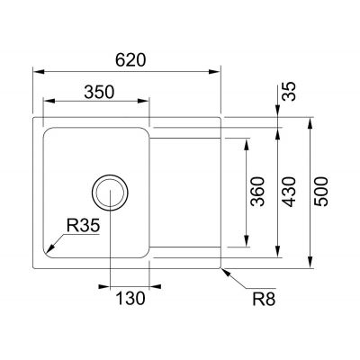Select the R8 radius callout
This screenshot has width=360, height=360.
pyautogui.click(x=263, y=299)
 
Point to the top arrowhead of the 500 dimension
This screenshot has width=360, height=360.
pyautogui.click(x=310, y=121)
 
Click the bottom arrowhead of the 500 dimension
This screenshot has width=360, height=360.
pyautogui.click(x=310, y=266)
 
